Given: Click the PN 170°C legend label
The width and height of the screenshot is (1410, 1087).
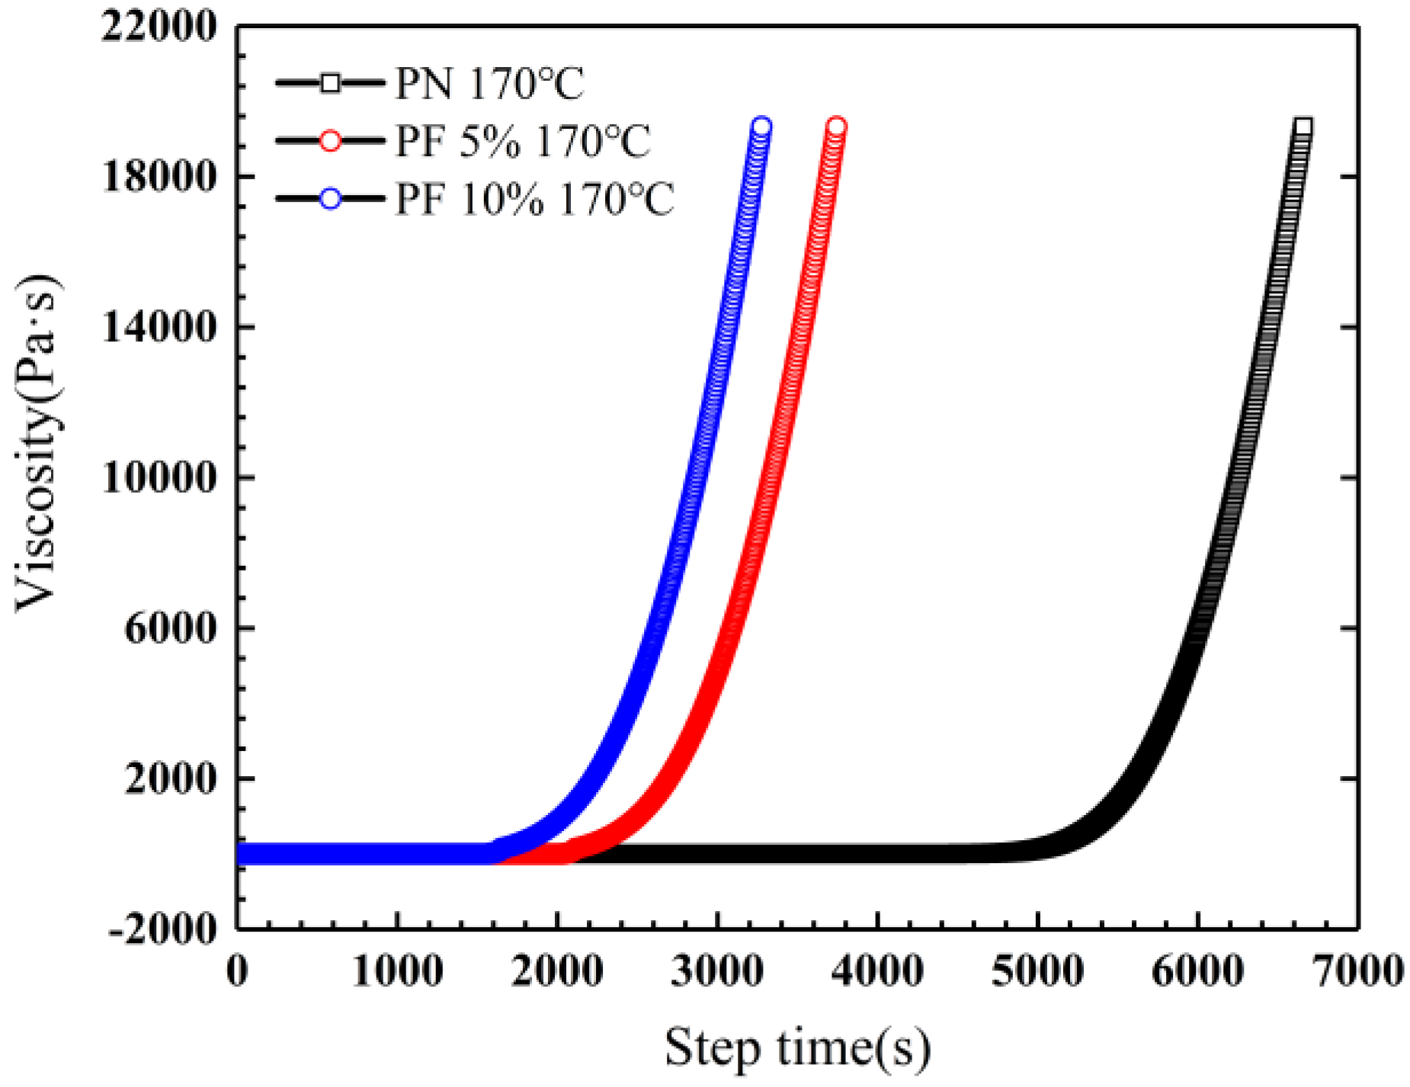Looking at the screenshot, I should click(x=489, y=84).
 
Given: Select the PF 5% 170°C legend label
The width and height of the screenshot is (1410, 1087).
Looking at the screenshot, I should click(x=522, y=142).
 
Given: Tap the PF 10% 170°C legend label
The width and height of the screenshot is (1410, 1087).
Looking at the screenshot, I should click(x=534, y=200).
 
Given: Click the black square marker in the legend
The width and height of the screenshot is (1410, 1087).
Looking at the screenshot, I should click(x=330, y=83).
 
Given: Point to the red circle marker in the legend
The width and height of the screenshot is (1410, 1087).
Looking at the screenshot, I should click(x=330, y=141).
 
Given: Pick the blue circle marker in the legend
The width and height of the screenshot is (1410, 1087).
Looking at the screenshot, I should click(x=330, y=199).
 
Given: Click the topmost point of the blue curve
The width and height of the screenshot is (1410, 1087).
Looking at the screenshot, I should click(x=761, y=126).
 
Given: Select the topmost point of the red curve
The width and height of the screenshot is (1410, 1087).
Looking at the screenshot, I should click(x=836, y=126).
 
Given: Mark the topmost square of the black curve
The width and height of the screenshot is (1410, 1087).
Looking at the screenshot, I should click(x=1303, y=126).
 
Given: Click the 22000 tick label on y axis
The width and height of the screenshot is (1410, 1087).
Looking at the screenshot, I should click(x=159, y=27).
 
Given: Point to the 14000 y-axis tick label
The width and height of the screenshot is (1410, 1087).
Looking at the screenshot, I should click(x=159, y=328).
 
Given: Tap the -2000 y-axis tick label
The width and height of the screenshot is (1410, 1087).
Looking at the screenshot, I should click(x=163, y=929).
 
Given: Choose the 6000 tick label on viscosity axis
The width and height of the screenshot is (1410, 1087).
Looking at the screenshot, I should click(x=170, y=629).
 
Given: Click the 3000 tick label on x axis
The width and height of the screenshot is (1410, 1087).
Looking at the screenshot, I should click(x=717, y=971).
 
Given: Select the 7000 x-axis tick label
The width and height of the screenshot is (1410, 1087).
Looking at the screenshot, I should click(x=1357, y=971).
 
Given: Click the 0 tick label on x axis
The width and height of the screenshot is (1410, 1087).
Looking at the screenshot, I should click(x=238, y=971).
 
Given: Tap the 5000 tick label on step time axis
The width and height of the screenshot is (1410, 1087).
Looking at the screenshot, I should click(x=1037, y=971).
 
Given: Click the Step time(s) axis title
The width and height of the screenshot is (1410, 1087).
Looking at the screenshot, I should click(x=797, y=1047).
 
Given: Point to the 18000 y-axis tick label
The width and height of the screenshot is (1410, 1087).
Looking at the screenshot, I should click(x=159, y=177).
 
